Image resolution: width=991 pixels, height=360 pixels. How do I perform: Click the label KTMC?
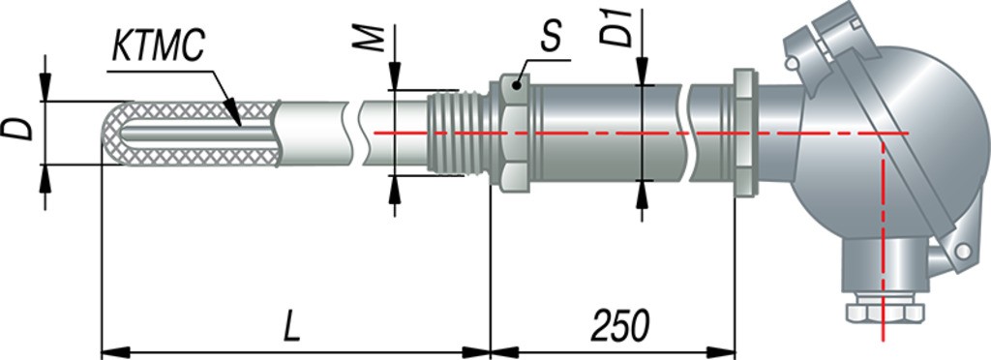(x=158, y=46)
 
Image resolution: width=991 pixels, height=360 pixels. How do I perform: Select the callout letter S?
(x=551, y=39)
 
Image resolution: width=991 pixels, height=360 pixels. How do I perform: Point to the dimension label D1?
(x=616, y=27)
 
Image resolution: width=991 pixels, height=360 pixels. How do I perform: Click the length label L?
(x=290, y=326)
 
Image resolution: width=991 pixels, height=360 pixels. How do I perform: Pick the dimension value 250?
(x=620, y=326)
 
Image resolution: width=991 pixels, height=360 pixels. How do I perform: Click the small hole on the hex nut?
(x=517, y=85)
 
